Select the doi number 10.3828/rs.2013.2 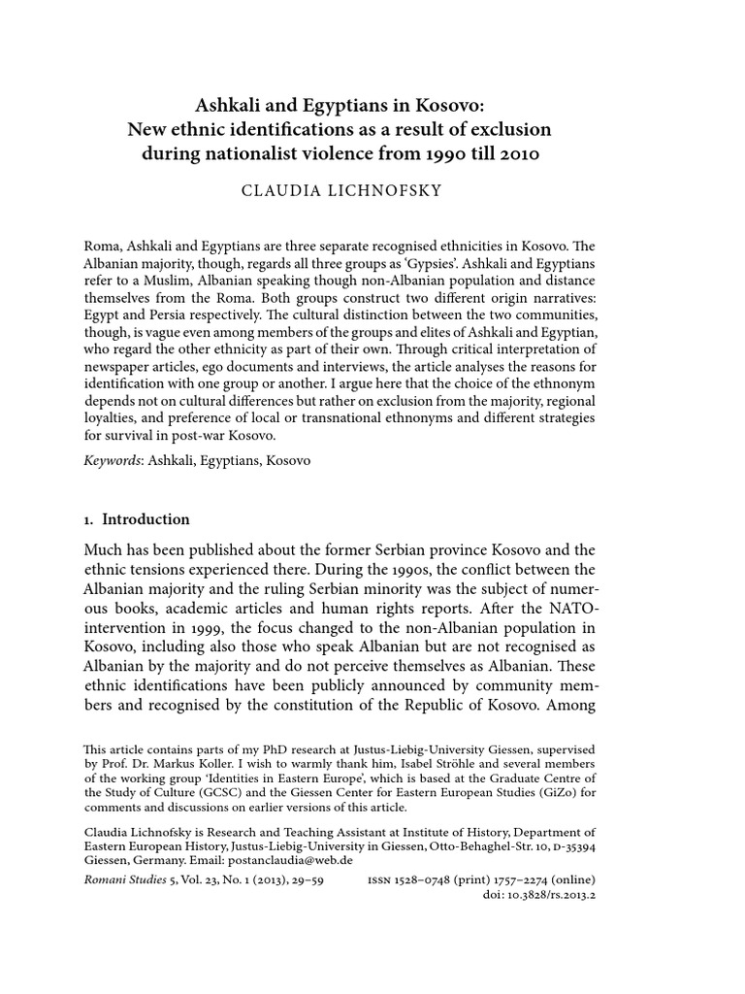coord(557,893)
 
